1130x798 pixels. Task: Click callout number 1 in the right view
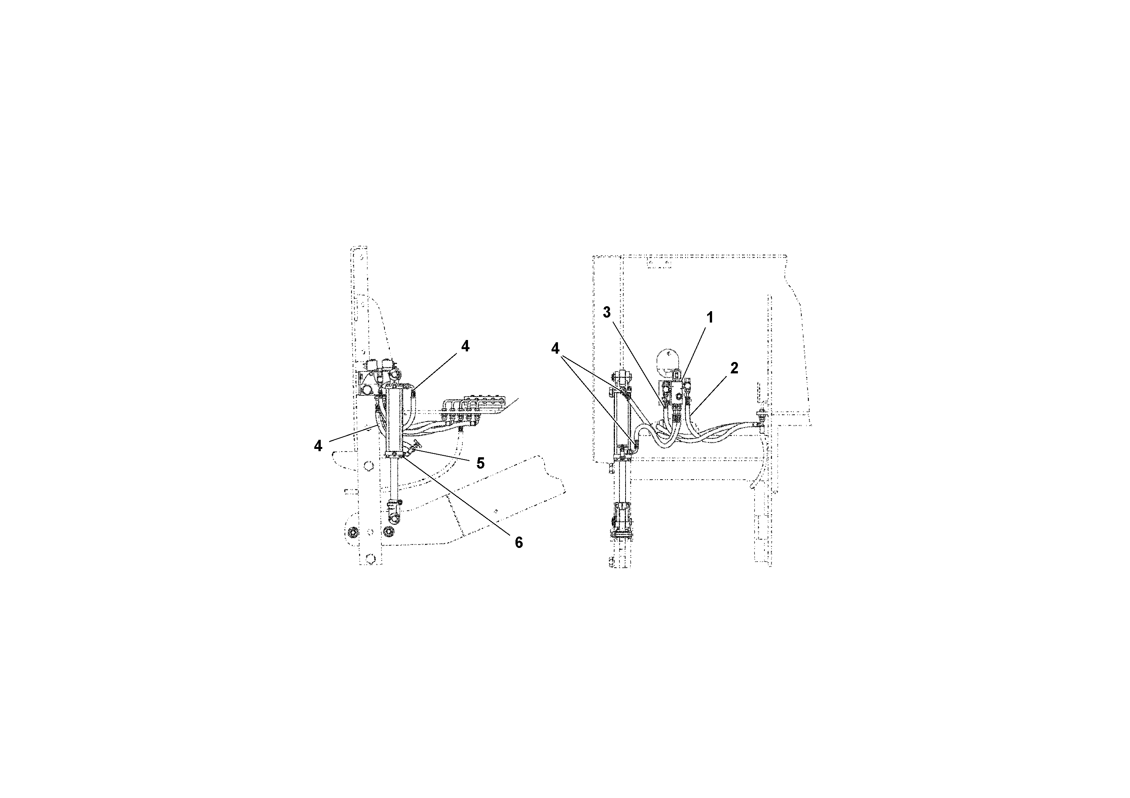coord(710,318)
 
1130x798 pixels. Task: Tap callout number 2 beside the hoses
coord(734,368)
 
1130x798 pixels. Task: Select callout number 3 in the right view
coord(607,312)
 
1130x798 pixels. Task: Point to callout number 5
coord(480,463)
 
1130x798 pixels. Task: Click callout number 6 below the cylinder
coord(519,543)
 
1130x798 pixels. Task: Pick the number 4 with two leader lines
coord(555,348)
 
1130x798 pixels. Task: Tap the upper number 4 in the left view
coord(465,346)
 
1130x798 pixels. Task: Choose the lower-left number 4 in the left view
coord(318,446)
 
